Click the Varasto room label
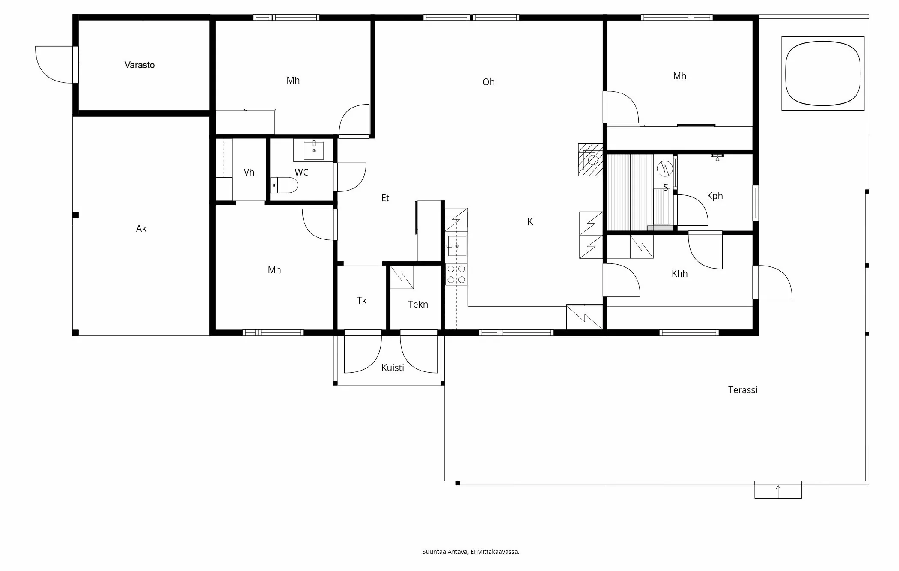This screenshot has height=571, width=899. coord(140,65)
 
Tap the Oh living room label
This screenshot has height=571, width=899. coord(488,82)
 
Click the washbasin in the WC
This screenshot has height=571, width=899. coord(314,150)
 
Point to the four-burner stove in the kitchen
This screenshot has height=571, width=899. coord(456,274)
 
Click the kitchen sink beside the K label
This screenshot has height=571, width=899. coord(457,246)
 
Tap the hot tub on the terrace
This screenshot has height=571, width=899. coord(822,73)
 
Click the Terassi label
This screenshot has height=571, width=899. coord(743,390)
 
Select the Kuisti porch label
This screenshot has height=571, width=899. coord(393,368)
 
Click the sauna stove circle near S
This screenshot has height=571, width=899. coord(665,168)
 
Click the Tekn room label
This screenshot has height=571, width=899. coord(418,305)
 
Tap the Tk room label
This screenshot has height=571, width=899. coord(362,301)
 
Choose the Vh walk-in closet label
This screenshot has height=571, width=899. coord(249,173)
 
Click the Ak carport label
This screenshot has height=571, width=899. coord(141,229)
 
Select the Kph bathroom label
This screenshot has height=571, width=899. coord(714,196)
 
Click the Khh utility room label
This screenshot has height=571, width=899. coord(679,274)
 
